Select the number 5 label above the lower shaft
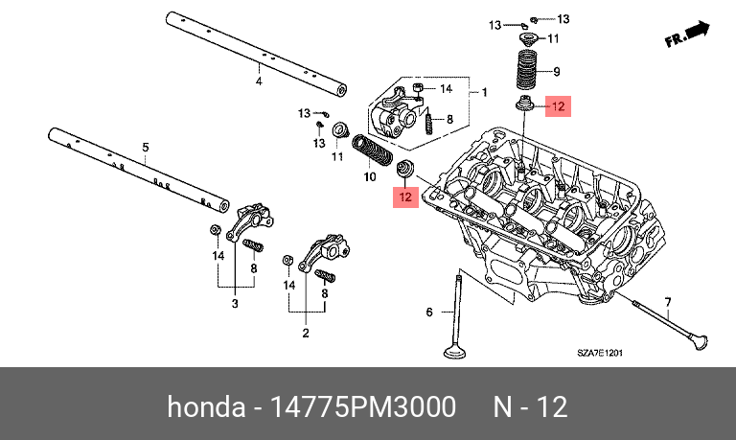(146, 147)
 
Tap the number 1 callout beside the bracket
(484, 93)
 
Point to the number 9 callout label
(557, 69)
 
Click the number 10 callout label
(371, 177)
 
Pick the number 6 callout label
(429, 313)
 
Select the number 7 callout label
(668, 301)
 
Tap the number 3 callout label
(233, 304)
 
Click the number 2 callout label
(305, 333)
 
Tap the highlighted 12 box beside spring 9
(558, 106)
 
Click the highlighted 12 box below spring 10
(405, 197)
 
